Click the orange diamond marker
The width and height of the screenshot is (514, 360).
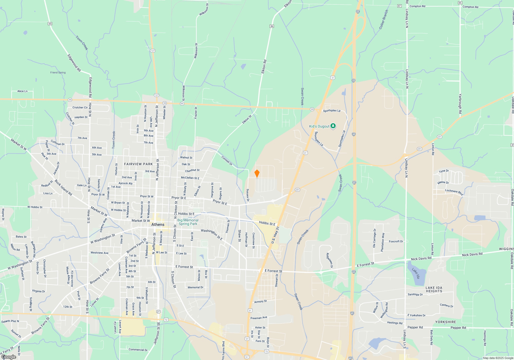point(257,174)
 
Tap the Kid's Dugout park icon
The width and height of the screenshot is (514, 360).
point(333,126)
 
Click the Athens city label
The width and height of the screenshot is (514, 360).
point(158,224)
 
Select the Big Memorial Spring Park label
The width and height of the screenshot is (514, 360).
point(188,222)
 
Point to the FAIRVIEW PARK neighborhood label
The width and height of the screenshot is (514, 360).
point(138,164)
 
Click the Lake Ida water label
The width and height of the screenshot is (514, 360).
point(416,273)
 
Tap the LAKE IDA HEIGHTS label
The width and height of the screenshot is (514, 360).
point(434,290)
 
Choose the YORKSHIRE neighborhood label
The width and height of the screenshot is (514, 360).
point(446,322)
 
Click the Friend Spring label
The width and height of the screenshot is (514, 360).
point(58,73)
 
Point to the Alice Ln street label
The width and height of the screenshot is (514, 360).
point(22,91)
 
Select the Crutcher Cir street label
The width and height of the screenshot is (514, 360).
point(80,107)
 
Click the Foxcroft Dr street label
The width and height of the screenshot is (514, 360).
point(396,241)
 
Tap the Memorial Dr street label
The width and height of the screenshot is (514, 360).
point(195,287)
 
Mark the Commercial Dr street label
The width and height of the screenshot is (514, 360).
point(138,350)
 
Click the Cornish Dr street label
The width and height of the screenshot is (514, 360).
point(227,160)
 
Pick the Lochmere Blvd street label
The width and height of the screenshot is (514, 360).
point(454,192)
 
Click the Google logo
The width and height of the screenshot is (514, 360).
point(9,357)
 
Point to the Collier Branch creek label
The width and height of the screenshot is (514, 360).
point(383,20)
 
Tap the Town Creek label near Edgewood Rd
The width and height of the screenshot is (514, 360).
point(82,43)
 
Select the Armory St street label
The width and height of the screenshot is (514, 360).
point(260,302)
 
